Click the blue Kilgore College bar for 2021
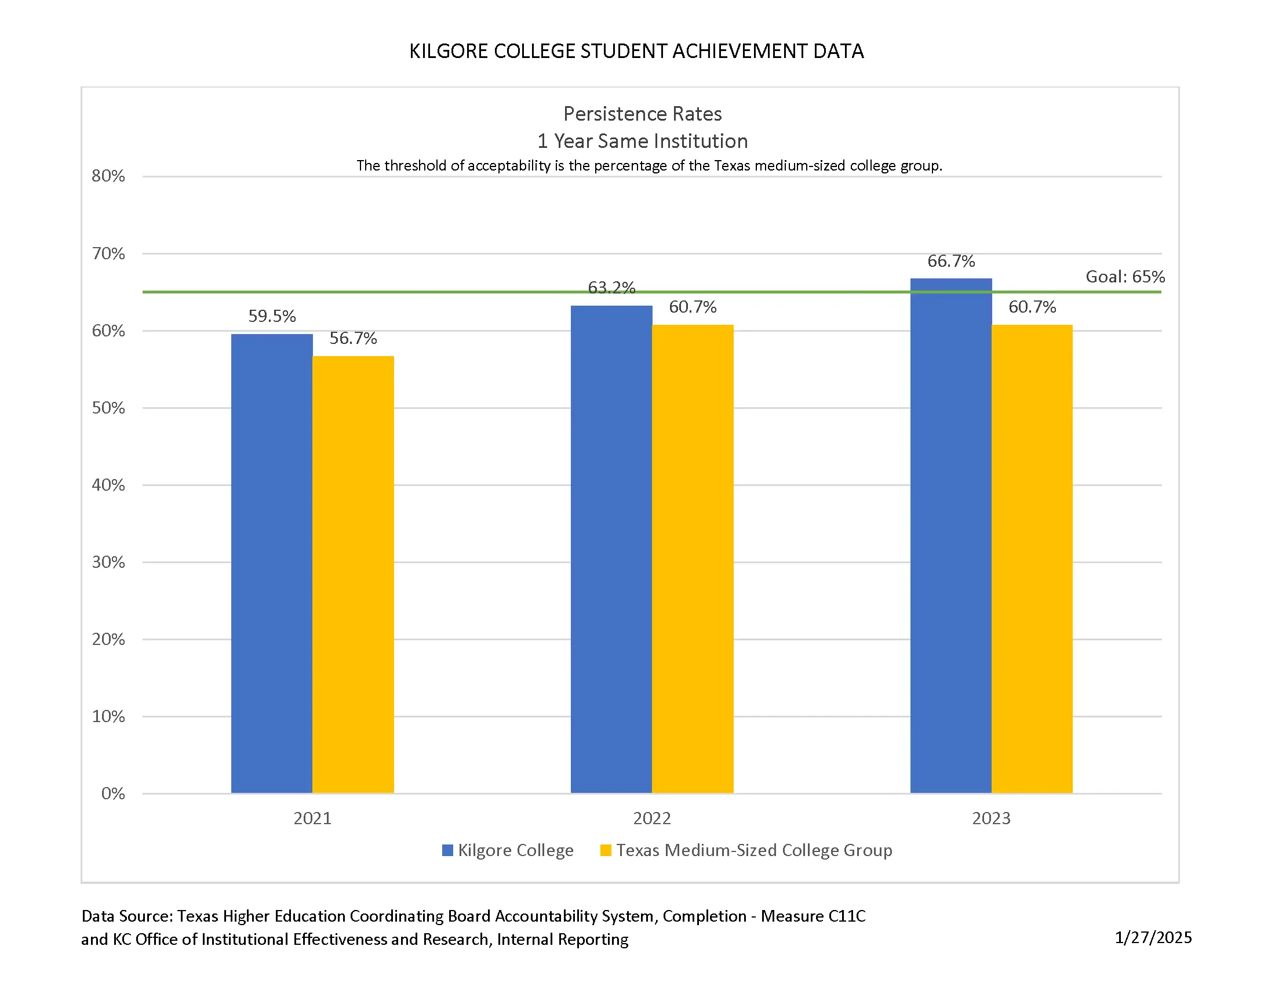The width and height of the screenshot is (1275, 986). coord(271,563)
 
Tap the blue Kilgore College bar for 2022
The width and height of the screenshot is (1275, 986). coord(611,549)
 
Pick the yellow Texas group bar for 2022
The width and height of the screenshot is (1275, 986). coord(693,559)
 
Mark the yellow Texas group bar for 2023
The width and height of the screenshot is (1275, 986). coord(1032,559)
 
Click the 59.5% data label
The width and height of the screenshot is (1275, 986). coord(272,316)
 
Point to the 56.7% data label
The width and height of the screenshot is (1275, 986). coord(353,338)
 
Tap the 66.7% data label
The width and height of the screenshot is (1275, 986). coord(951,261)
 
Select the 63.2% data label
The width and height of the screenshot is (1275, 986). coord(611,287)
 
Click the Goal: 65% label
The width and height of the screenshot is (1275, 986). coord(1124,276)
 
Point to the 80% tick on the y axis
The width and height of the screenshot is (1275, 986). coord(108,176)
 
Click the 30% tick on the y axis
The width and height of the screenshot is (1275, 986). coord(108,562)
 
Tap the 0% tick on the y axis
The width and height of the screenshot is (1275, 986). coord(113,793)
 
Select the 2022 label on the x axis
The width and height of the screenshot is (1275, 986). coord(652,818)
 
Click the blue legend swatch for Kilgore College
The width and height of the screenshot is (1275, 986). coord(448,850)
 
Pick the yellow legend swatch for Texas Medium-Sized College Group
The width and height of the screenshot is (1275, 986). coord(606,850)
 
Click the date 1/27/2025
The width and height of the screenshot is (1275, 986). coord(1153,937)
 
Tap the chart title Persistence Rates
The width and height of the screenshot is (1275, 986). coord(642,113)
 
